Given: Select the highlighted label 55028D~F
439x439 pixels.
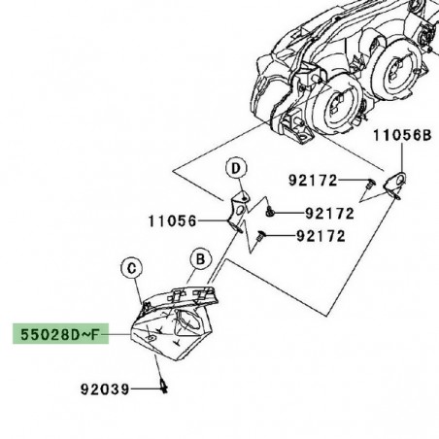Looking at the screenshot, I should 55,336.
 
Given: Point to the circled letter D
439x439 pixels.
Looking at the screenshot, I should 234,170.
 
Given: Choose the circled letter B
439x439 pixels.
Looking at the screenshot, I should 200,260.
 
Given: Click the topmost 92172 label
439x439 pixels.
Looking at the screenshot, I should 313,180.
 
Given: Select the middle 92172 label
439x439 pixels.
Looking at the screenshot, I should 330,213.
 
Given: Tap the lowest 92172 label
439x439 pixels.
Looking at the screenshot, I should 321,236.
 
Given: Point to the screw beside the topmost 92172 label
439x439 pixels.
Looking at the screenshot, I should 369,181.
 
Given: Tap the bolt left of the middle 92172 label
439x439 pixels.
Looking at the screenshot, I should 274,212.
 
